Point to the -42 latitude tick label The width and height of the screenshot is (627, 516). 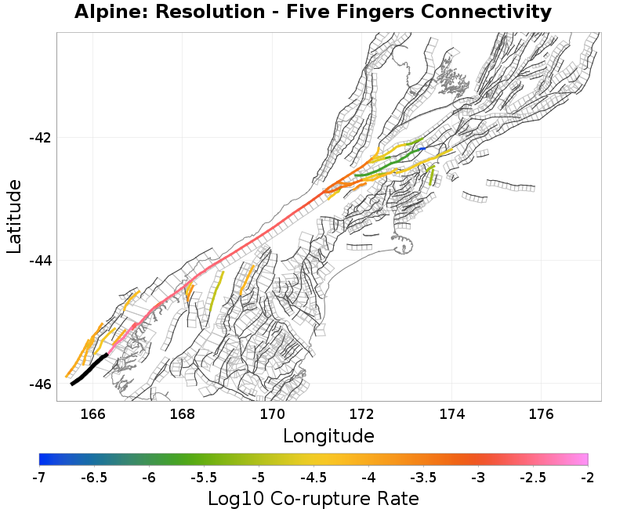click(41, 137)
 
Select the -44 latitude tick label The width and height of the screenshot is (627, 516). click(41, 261)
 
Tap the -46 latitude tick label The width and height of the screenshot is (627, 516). click(41, 384)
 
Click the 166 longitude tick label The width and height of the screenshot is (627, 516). click(92, 413)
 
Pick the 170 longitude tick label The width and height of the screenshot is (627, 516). click(272, 413)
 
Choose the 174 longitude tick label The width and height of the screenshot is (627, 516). click(452, 413)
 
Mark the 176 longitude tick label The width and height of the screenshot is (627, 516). click(542, 413)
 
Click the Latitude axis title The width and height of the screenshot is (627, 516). click(14, 216)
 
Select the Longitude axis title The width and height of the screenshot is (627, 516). click(328, 435)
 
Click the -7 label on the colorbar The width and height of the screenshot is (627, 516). click(39, 478)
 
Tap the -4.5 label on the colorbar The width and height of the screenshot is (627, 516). click(313, 478)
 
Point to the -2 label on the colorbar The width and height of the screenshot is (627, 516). click(588, 478)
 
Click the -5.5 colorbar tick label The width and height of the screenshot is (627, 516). click(204, 478)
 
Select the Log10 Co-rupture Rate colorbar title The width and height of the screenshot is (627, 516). click(313, 499)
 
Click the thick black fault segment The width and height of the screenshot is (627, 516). click(88, 370)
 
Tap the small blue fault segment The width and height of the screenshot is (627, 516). click(422, 149)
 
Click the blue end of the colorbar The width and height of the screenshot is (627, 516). click(41, 460)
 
